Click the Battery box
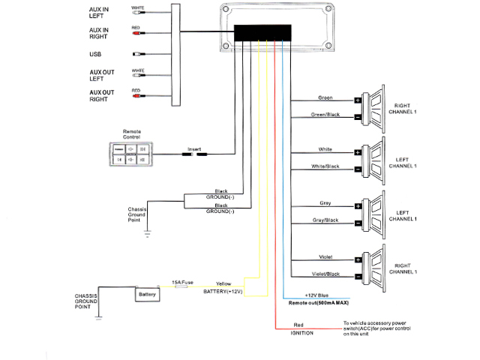[147, 294]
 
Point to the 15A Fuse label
[182, 282]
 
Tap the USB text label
[95, 54]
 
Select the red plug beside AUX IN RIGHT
[138, 33]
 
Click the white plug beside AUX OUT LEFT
[139, 75]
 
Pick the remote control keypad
[131, 154]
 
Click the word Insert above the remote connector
[194, 149]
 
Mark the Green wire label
[325, 97]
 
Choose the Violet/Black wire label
[325, 274]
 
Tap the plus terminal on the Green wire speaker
[358, 100]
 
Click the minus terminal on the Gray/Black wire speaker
[358, 223]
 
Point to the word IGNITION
[301, 333]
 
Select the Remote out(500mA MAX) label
[319, 303]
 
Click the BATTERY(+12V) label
[223, 292]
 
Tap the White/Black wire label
[325, 166]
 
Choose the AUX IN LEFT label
[98, 13]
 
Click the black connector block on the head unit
[262, 33]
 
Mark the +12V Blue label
[316, 295]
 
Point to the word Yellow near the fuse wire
[223, 283]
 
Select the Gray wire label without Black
[325, 203]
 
